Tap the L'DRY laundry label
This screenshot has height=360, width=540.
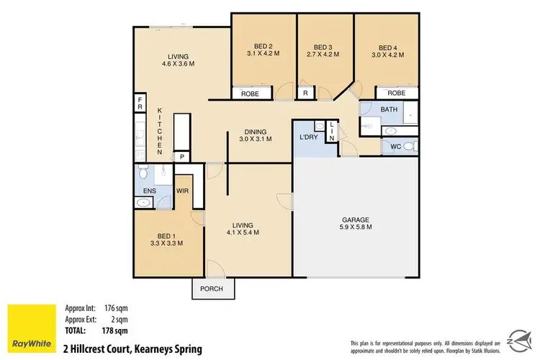[310, 138]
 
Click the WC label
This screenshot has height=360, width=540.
[395, 147]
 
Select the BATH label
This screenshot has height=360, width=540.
[389, 109]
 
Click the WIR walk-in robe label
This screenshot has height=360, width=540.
[183, 192]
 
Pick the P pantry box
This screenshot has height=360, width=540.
[182, 157]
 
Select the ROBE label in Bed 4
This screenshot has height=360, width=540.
[396, 93]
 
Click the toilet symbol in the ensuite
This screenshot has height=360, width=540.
[144, 174]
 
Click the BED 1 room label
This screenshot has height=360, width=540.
[168, 238]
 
